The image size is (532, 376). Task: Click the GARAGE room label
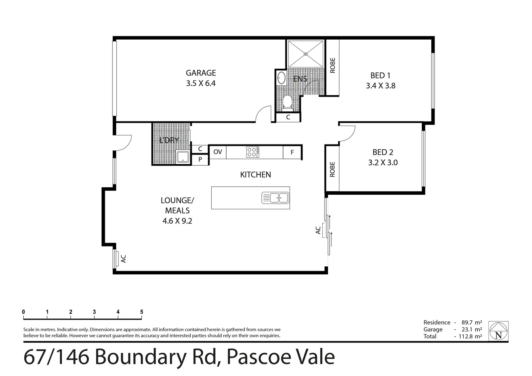201,73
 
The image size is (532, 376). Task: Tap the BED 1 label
380,75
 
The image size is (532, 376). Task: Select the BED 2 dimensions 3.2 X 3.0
383,163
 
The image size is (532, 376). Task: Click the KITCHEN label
256,175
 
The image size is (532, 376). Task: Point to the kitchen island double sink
275,198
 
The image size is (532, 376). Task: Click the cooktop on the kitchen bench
252,152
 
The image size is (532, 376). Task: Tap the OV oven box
218,152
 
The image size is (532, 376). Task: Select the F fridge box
292,152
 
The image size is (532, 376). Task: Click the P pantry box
200,160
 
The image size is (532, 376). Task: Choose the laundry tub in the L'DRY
182,157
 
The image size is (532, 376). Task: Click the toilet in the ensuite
287,102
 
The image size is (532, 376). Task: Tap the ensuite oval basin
281,78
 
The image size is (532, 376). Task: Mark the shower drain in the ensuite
306,54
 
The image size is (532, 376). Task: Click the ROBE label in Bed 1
332,65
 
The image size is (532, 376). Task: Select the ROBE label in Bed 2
332,169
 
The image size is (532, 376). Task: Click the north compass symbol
498,331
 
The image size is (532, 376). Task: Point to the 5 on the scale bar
142,312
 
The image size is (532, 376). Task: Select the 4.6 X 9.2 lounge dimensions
177,221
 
